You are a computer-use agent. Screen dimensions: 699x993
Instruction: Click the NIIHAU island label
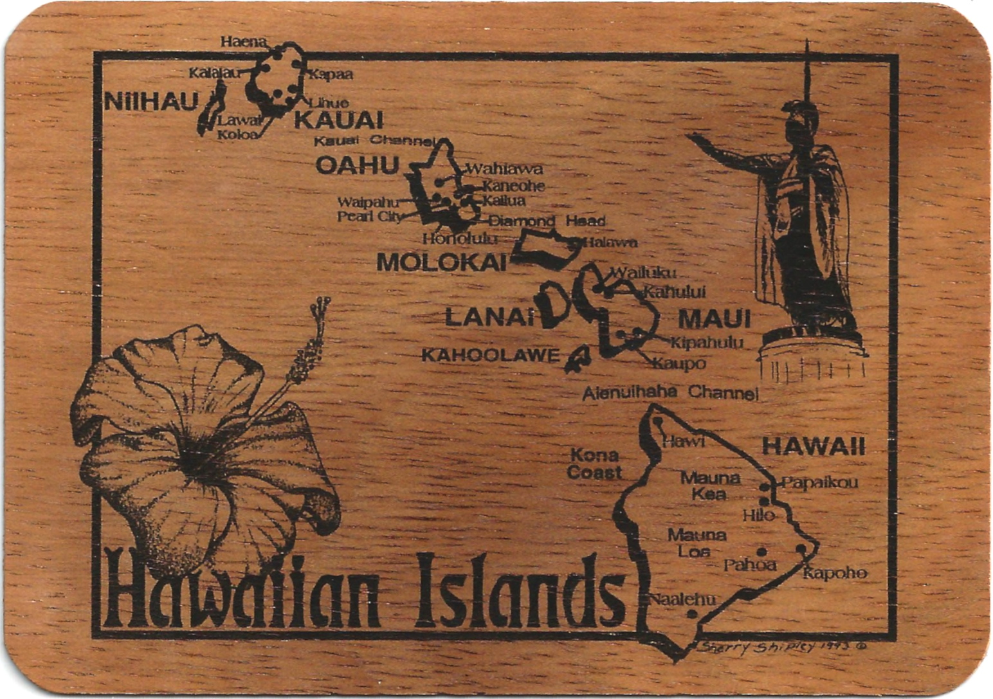[x=152, y=101]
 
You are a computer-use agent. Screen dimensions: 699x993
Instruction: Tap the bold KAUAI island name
[x=339, y=120]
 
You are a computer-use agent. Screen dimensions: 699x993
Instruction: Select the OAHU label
[x=358, y=165]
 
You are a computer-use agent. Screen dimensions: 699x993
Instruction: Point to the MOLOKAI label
[x=441, y=262]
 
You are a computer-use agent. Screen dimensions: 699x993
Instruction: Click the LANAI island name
[x=489, y=316]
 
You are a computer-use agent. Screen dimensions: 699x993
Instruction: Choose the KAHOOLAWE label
[x=490, y=355]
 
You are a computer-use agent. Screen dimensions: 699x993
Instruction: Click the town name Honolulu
[x=460, y=239]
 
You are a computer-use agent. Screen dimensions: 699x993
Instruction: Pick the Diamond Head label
[x=547, y=221]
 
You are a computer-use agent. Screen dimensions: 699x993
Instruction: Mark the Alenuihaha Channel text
[x=670, y=392]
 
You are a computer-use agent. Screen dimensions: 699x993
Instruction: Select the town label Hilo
[x=758, y=515]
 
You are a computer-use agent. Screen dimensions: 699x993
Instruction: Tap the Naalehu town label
[x=683, y=599]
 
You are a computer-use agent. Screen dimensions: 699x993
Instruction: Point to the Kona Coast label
[x=594, y=464]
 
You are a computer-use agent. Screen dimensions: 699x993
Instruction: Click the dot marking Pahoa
[x=761, y=552]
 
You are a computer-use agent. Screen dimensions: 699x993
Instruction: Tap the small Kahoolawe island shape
[x=578, y=359]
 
